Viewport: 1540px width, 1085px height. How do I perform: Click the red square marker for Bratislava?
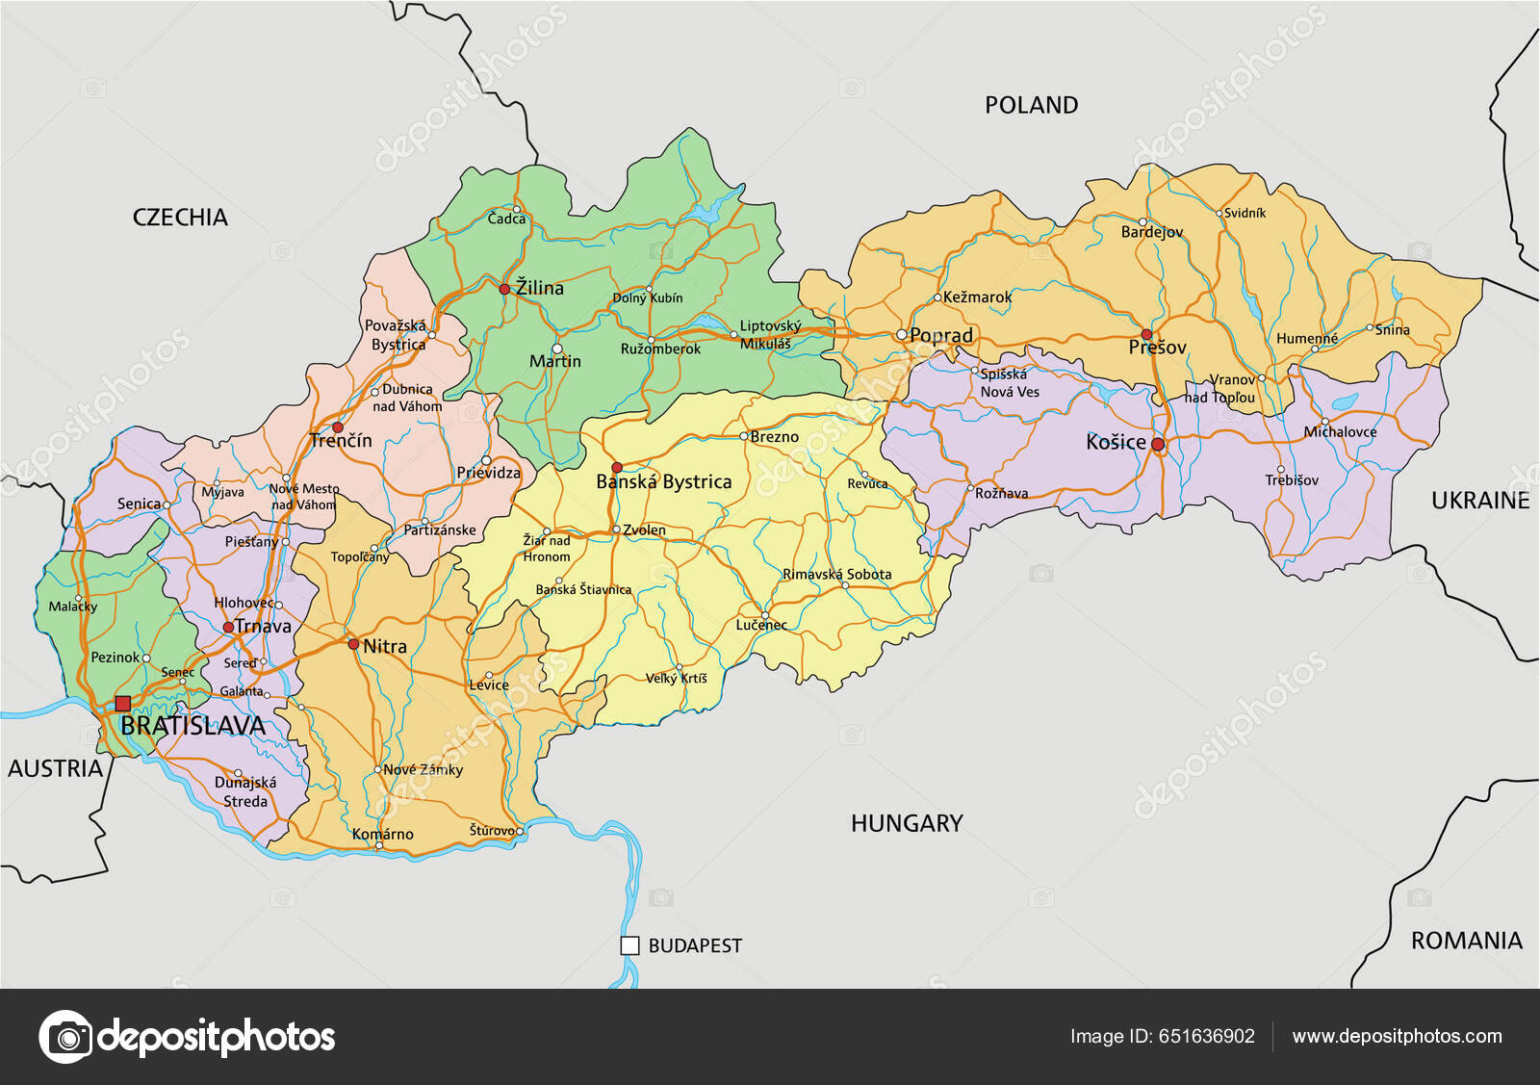coord(122,704)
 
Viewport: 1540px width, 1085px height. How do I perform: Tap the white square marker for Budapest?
coord(629,945)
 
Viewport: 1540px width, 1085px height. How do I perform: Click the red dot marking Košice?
coord(1158,445)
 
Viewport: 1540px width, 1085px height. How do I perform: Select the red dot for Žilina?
coord(504,289)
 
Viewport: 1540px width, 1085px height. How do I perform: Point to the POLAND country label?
coord(1031,105)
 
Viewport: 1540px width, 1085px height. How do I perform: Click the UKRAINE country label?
coord(1479,501)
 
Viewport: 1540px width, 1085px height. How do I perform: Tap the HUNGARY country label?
coord(907,823)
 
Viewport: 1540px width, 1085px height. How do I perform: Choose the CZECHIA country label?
coord(180,218)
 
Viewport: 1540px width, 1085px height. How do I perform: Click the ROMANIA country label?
coord(1466,941)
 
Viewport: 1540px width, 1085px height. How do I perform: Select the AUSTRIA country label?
coord(55,768)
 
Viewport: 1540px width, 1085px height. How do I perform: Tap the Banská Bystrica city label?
coord(664,482)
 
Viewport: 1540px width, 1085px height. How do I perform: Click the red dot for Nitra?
coord(353,644)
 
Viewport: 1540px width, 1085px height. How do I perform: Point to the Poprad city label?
coord(941,336)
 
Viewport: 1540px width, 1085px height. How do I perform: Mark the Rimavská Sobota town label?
coord(836,575)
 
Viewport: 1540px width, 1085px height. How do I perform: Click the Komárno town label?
coord(383,835)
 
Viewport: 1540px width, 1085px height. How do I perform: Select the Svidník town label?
coord(1245,214)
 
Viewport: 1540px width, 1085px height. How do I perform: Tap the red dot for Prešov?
coord(1146,334)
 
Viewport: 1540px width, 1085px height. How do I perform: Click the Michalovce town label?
coord(1340,432)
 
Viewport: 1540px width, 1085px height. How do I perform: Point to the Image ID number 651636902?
coord(1207,1036)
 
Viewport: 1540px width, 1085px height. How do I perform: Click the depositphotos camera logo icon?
coord(66,1037)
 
